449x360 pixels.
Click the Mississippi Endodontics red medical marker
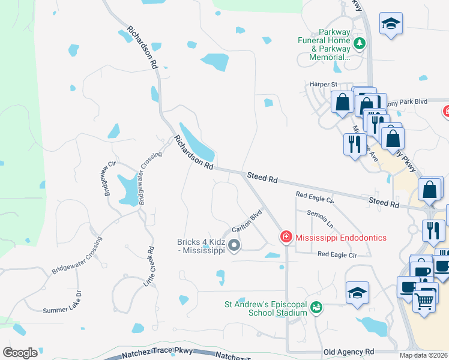[286, 238]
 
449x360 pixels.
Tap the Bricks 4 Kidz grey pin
[234, 245]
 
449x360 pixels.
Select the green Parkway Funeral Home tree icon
[360, 43]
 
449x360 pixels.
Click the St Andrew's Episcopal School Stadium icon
[316, 307]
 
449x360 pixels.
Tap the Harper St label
[323, 85]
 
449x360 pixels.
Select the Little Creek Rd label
[149, 266]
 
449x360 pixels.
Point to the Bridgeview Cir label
[109, 178]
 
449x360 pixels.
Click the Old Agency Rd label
[348, 352]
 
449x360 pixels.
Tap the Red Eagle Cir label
[337, 254]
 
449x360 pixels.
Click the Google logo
[20, 353]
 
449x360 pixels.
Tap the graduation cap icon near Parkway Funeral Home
[391, 24]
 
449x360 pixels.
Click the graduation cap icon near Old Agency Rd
[357, 293]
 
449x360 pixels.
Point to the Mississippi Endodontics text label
[340, 238]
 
